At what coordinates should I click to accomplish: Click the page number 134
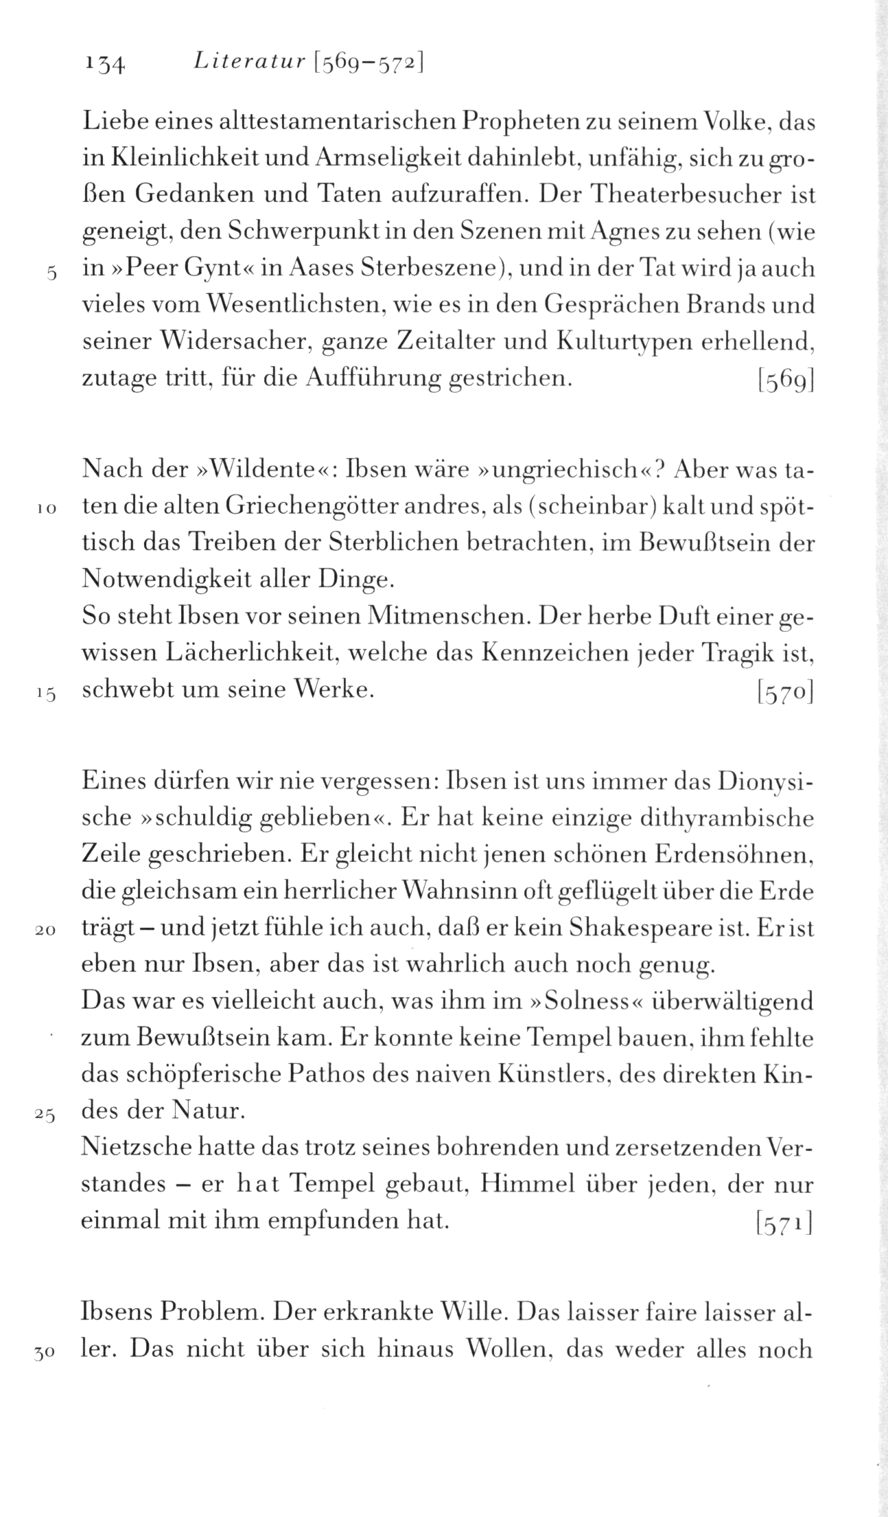coord(104,64)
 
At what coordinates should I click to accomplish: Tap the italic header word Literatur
coord(248,62)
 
